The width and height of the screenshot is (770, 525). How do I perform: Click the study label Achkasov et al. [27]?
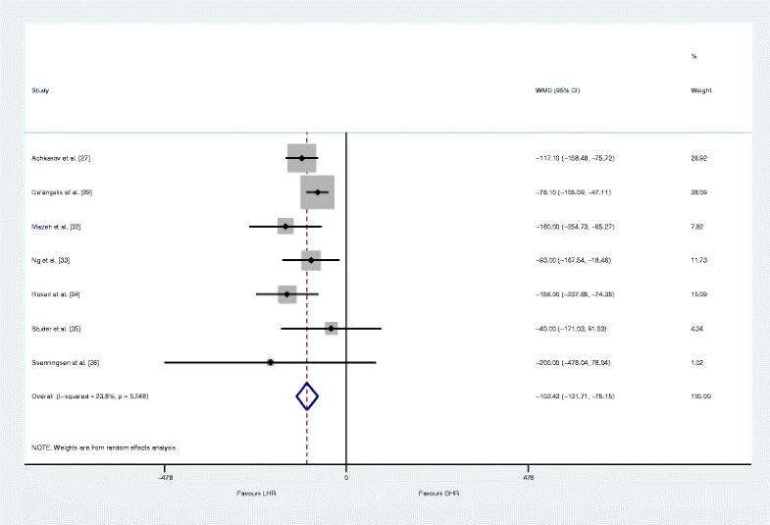coord(62,158)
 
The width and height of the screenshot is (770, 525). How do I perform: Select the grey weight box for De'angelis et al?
coord(318,192)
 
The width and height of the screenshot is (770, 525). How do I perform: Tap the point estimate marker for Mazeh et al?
coord(285,227)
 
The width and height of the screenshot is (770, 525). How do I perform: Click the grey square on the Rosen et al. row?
coord(286,294)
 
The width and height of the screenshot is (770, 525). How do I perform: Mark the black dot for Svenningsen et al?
coord(270,363)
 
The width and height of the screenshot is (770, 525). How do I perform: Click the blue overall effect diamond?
coord(308,396)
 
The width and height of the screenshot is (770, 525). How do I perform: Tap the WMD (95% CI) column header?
coord(557,90)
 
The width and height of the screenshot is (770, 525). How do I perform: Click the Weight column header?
coord(701,90)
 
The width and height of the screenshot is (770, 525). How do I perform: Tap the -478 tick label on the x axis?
coord(165,479)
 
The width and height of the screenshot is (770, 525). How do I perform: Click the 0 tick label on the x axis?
coord(346,479)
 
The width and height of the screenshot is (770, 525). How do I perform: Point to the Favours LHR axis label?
coord(256,493)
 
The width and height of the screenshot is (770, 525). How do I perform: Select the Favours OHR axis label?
coord(438,493)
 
